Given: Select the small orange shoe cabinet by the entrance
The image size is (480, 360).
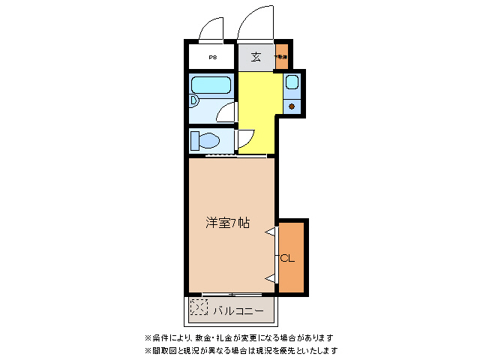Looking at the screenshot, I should (x=281, y=57).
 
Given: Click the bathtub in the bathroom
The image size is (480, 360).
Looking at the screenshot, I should (x=211, y=84).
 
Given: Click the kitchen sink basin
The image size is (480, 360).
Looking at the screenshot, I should (x=292, y=82).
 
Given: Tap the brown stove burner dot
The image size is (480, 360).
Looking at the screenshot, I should (x=292, y=105).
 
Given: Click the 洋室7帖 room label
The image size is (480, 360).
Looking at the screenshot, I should (x=228, y=223).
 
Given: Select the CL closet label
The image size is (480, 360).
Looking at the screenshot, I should (x=288, y=259).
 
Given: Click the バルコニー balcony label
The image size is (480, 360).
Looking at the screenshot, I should (x=238, y=309).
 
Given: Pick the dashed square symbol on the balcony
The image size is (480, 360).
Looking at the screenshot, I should (x=198, y=307).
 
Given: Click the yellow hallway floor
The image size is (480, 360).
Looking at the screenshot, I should (x=257, y=105).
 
